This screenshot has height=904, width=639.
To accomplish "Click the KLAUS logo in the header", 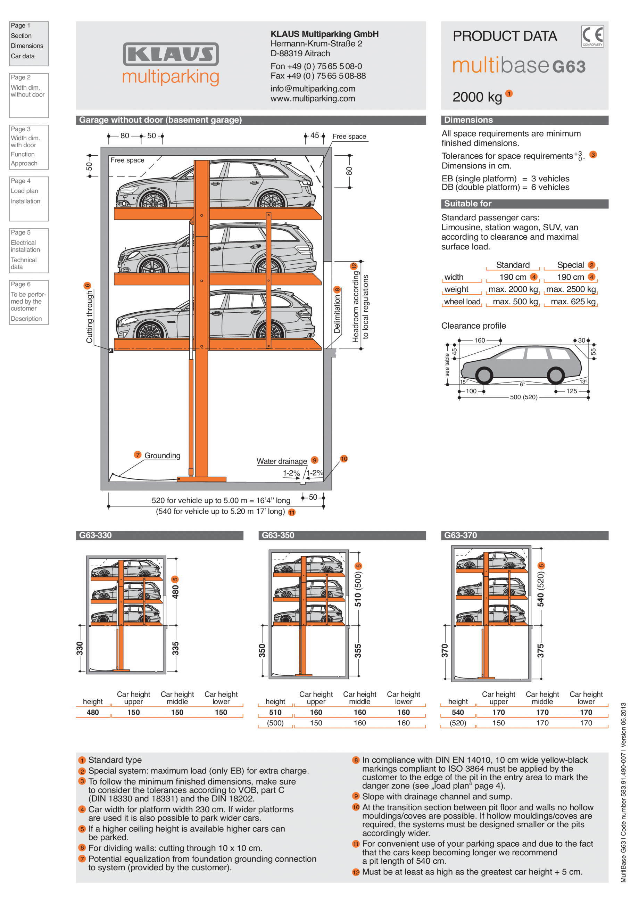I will [x=171, y=54].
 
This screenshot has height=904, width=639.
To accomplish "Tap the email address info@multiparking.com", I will [x=313, y=89].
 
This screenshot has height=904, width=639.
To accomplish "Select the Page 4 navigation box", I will [x=29, y=198].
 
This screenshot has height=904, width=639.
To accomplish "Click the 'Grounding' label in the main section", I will [x=162, y=455].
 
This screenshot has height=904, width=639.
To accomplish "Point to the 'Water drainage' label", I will [x=281, y=461].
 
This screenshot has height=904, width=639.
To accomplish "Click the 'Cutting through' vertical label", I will [x=90, y=317].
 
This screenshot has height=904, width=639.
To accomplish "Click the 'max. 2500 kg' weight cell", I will [x=571, y=289].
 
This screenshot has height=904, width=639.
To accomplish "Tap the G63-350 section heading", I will [x=278, y=535].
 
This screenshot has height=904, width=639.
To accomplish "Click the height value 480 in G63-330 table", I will [x=93, y=712].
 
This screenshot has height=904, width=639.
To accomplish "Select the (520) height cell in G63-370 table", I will [x=458, y=723].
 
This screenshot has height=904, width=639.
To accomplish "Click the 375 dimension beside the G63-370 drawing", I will [x=541, y=651].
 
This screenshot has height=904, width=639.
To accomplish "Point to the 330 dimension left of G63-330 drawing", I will [x=80, y=648].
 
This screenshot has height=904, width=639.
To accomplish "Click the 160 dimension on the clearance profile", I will [x=479, y=340].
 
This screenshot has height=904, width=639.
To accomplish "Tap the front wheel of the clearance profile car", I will [x=484, y=375].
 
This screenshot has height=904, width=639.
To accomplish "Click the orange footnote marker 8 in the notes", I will [x=356, y=760].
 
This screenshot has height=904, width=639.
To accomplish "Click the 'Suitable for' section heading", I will [x=468, y=204].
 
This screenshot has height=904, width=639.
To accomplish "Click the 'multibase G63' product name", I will [x=518, y=65].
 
